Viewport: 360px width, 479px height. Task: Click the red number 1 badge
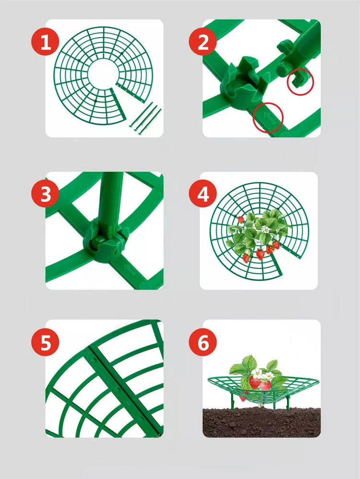click(x=45, y=42)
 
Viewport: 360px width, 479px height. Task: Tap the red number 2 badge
click(x=203, y=42)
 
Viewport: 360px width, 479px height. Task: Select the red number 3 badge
click(x=45, y=194)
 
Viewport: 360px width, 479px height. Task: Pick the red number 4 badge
click(x=203, y=194)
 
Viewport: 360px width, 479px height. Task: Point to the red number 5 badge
click(x=45, y=342)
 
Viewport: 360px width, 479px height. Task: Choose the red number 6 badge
click(x=203, y=342)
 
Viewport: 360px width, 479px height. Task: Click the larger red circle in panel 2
click(x=268, y=118)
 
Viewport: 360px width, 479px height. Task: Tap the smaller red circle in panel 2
click(x=301, y=81)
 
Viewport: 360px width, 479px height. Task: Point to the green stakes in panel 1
click(x=145, y=118)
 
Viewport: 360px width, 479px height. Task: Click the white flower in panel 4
click(x=266, y=229)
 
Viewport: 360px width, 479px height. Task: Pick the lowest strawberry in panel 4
click(x=246, y=258)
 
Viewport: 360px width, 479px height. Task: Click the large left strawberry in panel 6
click(x=254, y=382)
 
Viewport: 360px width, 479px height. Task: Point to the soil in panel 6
click(x=262, y=422)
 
